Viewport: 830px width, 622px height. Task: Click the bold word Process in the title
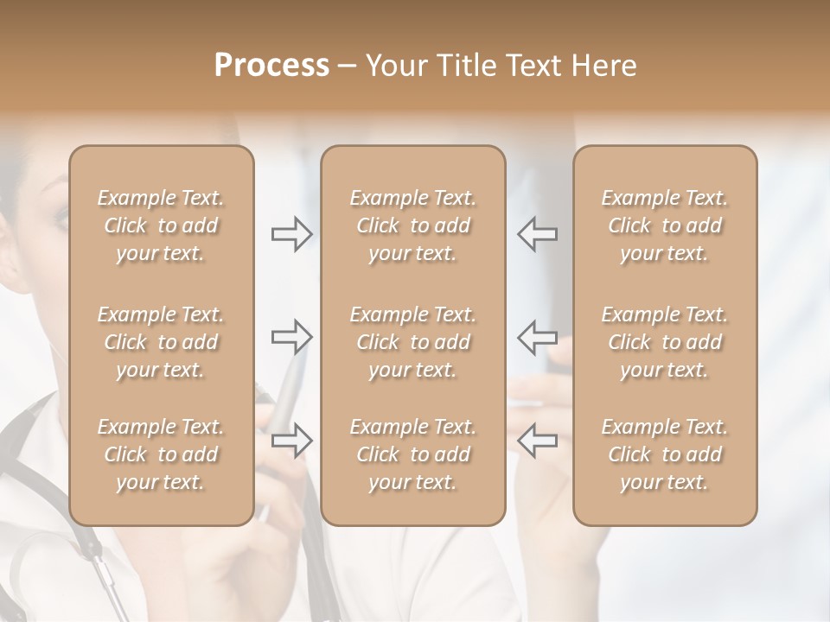(271, 66)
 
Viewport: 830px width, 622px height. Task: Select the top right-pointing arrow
(291, 234)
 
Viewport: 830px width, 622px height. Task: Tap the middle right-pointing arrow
(291, 337)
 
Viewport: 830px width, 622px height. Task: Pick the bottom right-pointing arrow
(291, 440)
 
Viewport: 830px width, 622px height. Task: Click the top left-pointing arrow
(537, 234)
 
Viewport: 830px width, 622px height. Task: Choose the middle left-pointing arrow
(537, 337)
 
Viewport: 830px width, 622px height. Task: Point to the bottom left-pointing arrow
(537, 440)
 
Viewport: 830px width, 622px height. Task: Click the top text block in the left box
(161, 225)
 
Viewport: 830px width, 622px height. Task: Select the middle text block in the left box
(161, 342)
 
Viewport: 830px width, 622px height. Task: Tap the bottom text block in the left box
(161, 454)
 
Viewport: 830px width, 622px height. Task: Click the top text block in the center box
(413, 225)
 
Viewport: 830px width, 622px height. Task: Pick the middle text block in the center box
(413, 342)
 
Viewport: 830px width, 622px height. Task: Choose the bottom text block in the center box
(413, 454)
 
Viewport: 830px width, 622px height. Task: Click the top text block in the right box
(665, 225)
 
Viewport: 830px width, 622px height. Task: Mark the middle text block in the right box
(665, 342)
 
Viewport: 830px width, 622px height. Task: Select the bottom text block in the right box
(665, 454)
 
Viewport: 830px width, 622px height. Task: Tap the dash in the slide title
(347, 67)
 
